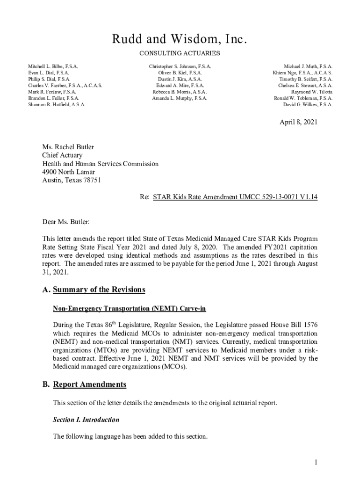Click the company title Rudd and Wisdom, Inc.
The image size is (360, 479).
pos(180,40)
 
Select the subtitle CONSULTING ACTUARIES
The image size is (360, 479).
pos(180,54)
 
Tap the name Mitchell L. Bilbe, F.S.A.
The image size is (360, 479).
pos(53,67)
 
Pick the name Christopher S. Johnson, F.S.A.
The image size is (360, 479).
pos(180,67)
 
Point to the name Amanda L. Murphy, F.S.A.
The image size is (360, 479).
pos(180,98)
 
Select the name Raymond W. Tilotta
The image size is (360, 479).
pos(312,92)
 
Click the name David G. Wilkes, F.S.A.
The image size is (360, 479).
pos(308,105)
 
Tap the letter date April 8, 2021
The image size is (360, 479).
pos(299,122)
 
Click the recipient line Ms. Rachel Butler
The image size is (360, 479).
pos(68,147)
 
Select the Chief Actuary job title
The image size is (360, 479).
pos(62,155)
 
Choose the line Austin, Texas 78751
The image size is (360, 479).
pos(71,180)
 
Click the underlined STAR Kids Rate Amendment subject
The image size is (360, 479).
pos(235,197)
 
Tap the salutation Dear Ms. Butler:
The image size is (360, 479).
pos(66,221)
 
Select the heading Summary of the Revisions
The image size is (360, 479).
pos(99,290)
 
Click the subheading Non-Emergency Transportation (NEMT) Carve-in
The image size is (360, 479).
pos(129,309)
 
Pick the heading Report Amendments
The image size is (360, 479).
pos(89,385)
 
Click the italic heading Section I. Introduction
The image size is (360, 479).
pos(86,420)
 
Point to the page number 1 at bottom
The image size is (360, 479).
pos(316,463)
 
